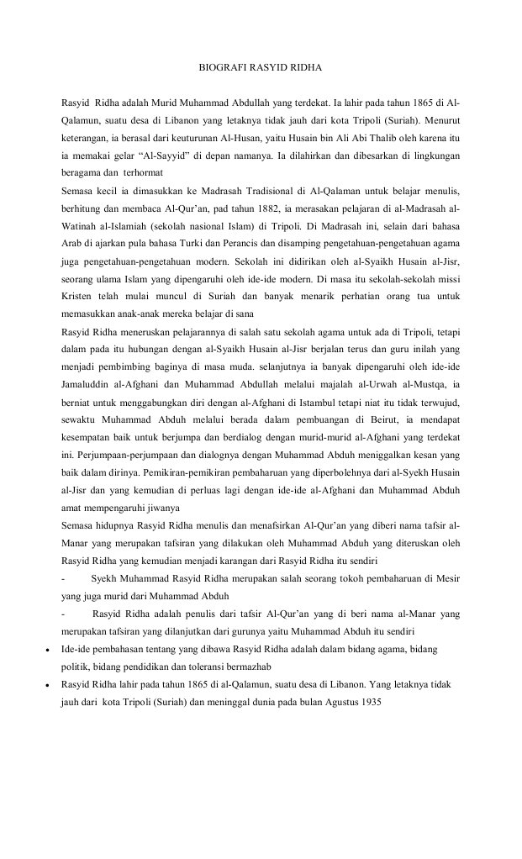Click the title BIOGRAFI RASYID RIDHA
(x=261, y=66)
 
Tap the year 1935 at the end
(x=368, y=702)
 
